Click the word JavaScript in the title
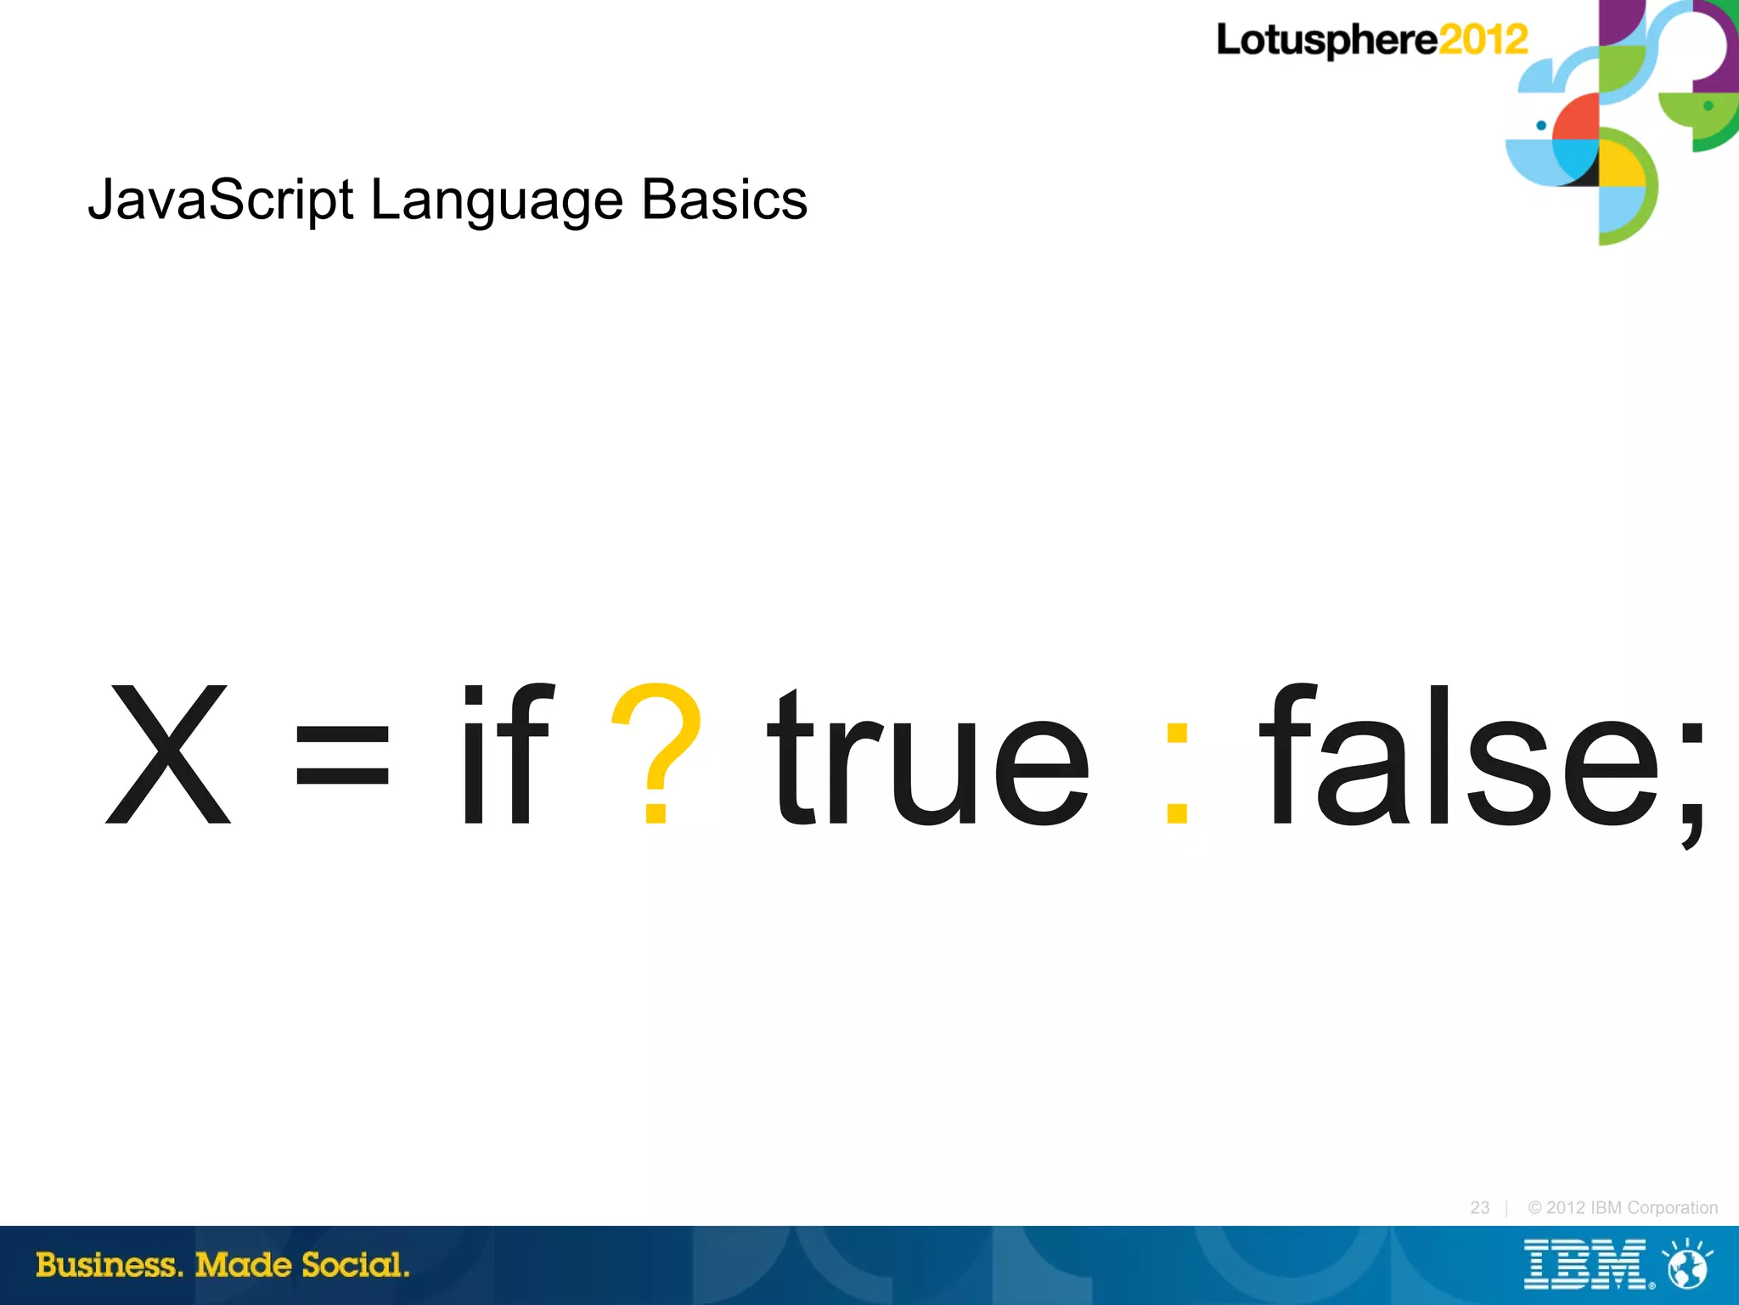220,200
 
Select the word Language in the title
497,202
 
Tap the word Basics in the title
723,200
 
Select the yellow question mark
656,752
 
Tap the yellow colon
1177,773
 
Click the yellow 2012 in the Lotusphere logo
1483,40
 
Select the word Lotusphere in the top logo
1327,41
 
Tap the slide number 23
1479,1207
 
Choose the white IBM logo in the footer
1584,1265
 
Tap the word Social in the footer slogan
355,1265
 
